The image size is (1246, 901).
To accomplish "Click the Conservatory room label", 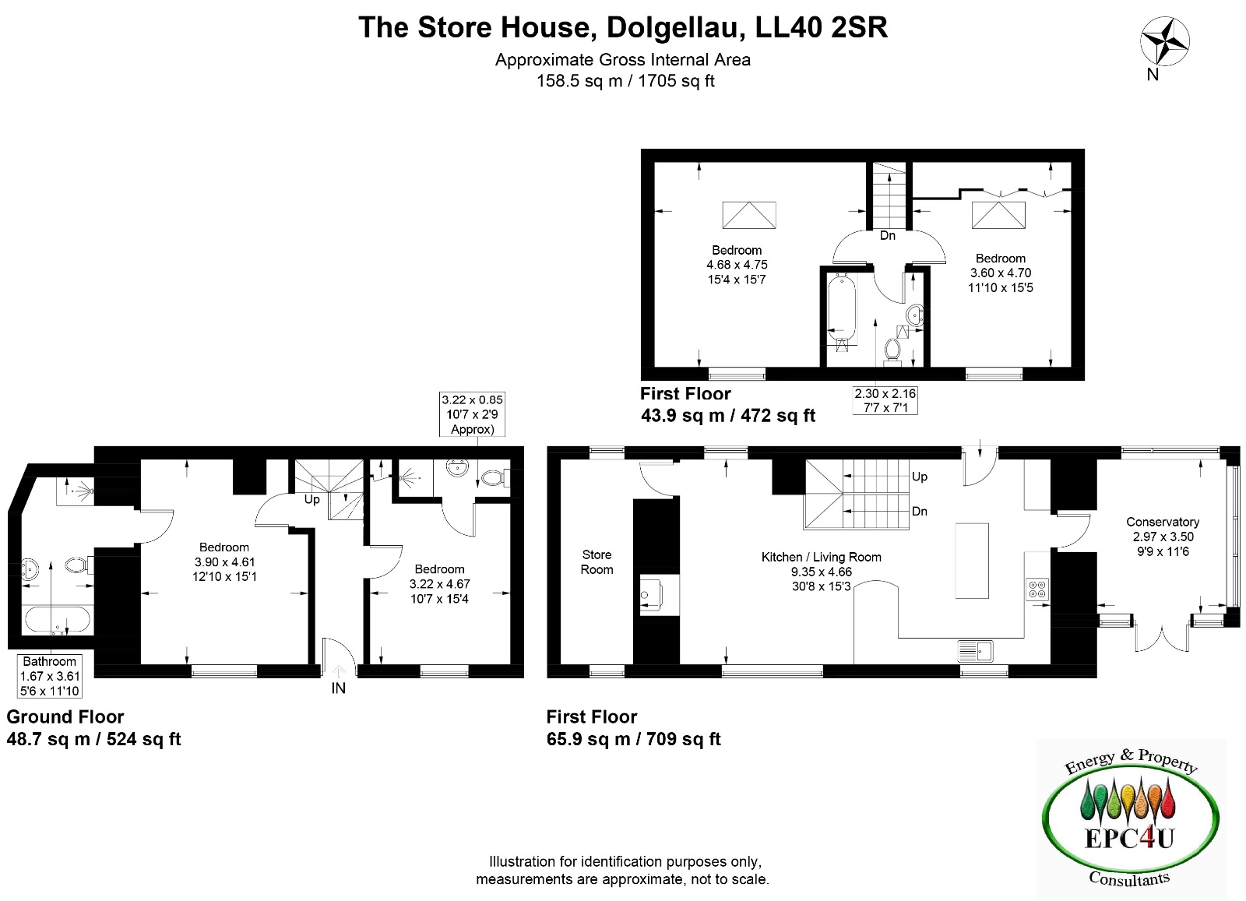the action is (x=1163, y=522).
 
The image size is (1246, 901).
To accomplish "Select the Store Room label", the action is (x=597, y=561).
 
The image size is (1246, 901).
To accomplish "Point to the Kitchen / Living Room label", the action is (x=821, y=557).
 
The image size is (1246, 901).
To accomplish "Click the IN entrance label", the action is (x=338, y=688).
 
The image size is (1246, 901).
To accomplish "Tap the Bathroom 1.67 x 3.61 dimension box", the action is (x=50, y=676).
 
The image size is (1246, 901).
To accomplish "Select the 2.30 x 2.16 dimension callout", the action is (x=885, y=400).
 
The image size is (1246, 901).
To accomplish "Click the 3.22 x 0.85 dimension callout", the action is (x=472, y=414).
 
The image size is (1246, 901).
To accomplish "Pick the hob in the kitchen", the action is (x=1037, y=589).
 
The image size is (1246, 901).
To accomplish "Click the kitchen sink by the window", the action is (x=975, y=651).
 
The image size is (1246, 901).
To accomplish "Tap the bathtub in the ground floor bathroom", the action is (x=58, y=620).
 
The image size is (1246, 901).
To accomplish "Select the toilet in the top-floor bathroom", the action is (x=892, y=350).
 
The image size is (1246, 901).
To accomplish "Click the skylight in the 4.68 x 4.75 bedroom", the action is (x=748, y=215).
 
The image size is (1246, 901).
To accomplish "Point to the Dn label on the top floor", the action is (x=887, y=236).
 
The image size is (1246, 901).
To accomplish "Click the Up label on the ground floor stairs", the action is (x=311, y=499).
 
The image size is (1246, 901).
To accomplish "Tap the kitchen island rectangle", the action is (x=972, y=561).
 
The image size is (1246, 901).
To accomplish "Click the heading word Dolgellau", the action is (x=677, y=28).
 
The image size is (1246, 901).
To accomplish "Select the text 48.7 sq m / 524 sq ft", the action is (x=93, y=739).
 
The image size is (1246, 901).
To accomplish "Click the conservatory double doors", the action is (x=1161, y=638).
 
